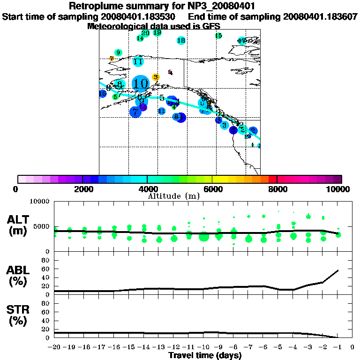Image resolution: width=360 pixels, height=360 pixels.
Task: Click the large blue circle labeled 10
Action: [x=140, y=84]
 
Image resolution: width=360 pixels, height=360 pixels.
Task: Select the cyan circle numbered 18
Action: [x=181, y=41]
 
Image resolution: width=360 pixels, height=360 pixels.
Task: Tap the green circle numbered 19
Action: [x=157, y=33]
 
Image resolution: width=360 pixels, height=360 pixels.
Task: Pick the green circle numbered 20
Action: [x=145, y=33]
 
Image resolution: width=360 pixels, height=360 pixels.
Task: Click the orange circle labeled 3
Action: [x=156, y=77]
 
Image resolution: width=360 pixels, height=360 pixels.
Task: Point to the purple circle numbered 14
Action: [x=143, y=107]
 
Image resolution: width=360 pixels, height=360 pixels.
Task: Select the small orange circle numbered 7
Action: [x=112, y=59]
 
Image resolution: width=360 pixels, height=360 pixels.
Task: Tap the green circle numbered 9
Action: [x=118, y=52]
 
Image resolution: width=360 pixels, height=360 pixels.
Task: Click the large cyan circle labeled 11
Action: [x=138, y=61]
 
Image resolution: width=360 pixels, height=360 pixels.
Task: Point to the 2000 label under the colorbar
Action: [x=82, y=189]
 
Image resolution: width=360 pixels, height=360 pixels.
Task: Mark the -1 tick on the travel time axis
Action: [x=337, y=347]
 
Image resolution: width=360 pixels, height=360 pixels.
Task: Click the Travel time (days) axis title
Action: [x=205, y=355]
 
